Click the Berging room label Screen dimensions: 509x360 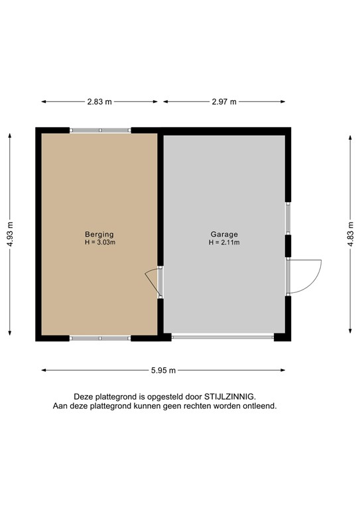point(99,234)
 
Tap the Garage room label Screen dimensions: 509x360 point(224,234)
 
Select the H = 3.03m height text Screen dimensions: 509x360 point(99,243)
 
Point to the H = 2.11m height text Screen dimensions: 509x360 point(224,243)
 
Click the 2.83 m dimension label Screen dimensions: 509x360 point(99,101)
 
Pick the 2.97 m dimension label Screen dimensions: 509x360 point(224,101)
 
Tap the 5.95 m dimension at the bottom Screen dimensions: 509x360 point(164,370)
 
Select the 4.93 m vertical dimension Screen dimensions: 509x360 point(11,234)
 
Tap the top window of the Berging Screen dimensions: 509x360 point(100,130)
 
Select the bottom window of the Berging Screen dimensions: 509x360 point(100,338)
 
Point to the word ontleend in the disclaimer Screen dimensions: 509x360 point(259,406)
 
